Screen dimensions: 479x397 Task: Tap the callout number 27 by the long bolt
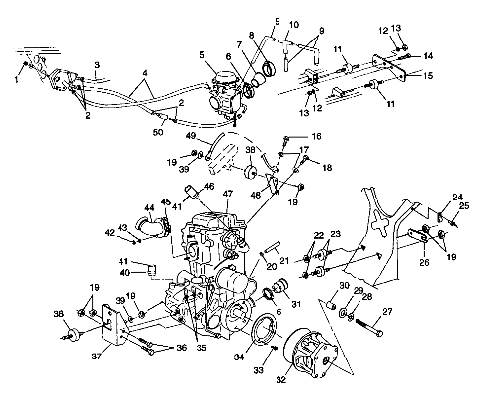387,311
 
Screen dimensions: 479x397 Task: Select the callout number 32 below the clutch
280,379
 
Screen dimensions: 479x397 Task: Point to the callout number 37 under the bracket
96,356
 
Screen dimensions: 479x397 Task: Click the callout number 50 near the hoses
158,131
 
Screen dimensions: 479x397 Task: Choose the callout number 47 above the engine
228,194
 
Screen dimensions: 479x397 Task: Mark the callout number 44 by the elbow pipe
149,207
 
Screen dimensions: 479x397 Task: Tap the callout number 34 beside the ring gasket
239,357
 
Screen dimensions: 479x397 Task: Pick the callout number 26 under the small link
424,262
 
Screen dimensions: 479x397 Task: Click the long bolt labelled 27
369,327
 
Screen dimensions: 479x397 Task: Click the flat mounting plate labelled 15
388,67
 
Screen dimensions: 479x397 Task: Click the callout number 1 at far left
17,80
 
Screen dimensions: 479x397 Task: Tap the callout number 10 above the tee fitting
294,25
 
